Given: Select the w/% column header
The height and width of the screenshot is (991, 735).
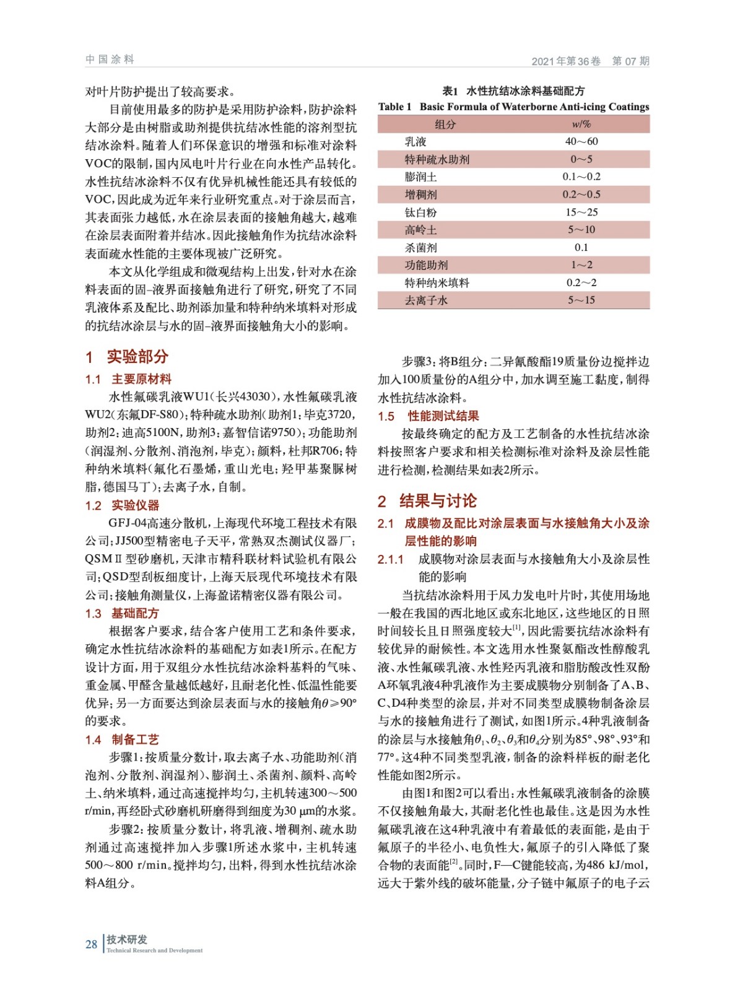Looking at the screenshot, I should pyautogui.click(x=581, y=124).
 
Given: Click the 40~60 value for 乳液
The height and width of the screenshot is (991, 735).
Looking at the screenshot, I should pyautogui.click(x=581, y=141).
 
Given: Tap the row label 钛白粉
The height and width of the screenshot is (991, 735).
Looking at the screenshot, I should pyautogui.click(x=420, y=212).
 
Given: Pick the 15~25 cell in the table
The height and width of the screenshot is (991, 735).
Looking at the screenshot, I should pyautogui.click(x=581, y=212).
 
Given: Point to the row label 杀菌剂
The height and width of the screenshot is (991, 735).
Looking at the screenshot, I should pyautogui.click(x=420, y=248).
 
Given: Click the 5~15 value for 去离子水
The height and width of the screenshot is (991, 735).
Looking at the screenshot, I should pyautogui.click(x=581, y=300).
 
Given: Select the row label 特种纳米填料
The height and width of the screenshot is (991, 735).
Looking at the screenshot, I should pyautogui.click(x=437, y=283).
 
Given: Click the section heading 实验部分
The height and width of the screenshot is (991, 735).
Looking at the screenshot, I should pyautogui.click(x=137, y=357).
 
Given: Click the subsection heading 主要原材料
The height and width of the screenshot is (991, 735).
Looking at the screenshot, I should pyautogui.click(x=141, y=379).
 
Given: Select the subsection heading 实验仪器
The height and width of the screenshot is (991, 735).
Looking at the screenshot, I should pyautogui.click(x=135, y=505).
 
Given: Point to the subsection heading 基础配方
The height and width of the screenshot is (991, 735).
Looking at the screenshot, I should pyautogui.click(x=135, y=613).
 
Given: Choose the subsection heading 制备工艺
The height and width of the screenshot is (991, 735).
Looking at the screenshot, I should pyautogui.click(x=135, y=740).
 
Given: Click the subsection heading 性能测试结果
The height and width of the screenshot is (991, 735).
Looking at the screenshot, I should pyautogui.click(x=443, y=416).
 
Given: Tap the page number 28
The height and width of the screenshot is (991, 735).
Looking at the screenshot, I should pyautogui.click(x=91, y=945).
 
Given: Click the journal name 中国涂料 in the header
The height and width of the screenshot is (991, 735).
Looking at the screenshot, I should pyautogui.click(x=110, y=59).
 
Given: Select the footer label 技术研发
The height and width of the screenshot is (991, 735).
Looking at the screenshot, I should pyautogui.click(x=127, y=940).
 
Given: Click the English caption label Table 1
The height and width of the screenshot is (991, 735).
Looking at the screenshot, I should pyautogui.click(x=394, y=107).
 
